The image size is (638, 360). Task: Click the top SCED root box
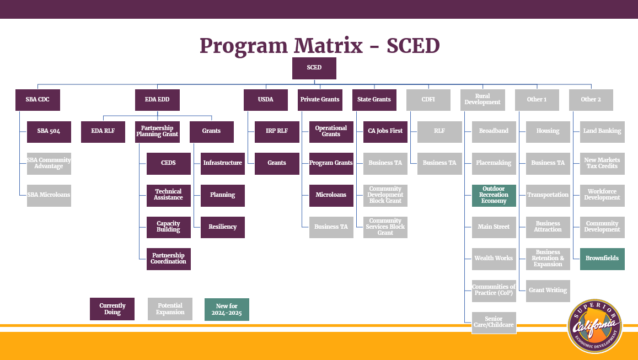tap(314, 68)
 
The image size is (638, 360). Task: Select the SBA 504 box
tap(49, 131)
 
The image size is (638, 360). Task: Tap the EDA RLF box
tap(103, 131)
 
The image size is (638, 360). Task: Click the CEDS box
tap(168, 163)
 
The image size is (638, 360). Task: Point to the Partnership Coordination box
tap(168, 259)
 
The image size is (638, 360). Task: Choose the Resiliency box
tap(222, 227)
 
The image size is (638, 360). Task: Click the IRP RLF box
tap(276, 131)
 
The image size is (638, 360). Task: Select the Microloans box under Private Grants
tap(331, 195)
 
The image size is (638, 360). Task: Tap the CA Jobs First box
tap(385, 131)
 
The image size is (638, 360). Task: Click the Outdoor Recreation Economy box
tap(494, 195)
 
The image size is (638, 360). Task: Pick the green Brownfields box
tap(602, 259)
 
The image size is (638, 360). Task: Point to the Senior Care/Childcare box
tap(494, 323)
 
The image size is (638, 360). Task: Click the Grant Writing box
tap(548, 291)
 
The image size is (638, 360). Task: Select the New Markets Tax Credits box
tap(602, 163)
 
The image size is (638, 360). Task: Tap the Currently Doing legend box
tap(112, 309)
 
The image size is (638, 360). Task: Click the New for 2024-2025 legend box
tap(227, 309)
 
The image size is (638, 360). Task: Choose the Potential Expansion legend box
tap(170, 309)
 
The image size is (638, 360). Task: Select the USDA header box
tap(266, 100)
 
